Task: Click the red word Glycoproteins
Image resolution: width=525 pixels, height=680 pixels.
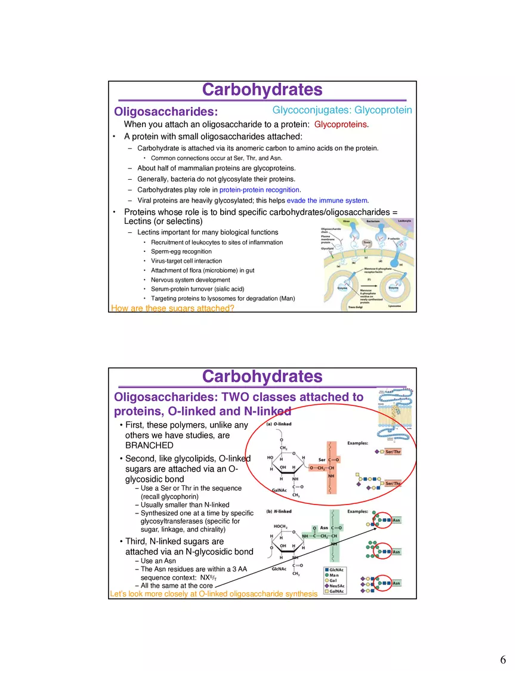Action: pos(341,125)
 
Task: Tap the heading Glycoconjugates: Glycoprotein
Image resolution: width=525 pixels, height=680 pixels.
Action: pos(342,110)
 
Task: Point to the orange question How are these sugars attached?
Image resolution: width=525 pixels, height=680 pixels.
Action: pos(172,309)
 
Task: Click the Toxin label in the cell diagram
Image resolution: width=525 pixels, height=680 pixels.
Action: pos(367,242)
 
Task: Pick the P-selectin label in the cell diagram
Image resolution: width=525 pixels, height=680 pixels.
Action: pos(394,238)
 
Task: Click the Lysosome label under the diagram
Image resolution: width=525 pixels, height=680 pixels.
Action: pos(394,306)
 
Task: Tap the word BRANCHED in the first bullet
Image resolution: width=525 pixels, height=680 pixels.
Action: pos(149,445)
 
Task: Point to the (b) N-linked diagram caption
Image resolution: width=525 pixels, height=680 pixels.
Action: pos(279,512)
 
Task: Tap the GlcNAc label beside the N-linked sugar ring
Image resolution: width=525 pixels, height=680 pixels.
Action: pos(280,569)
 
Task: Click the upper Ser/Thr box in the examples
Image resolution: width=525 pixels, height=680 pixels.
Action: pos(393,452)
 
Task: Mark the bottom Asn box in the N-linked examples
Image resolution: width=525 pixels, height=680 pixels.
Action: pos(396,583)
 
